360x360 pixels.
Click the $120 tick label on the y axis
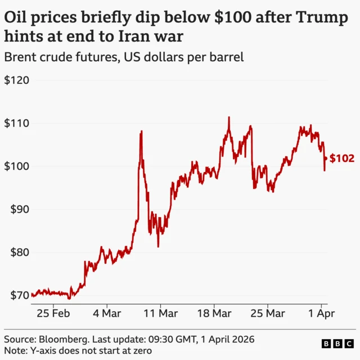point(16,80)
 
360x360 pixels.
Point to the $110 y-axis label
point(16,123)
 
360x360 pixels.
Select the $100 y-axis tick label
point(16,166)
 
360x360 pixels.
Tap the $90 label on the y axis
point(18,209)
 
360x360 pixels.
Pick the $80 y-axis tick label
point(18,252)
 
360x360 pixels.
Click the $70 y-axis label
point(18,295)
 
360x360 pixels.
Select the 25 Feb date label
point(53,312)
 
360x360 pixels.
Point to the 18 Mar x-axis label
point(214,312)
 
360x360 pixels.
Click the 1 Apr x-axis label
point(321,312)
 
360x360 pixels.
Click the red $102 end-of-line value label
point(341,159)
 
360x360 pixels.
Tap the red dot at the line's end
point(325,159)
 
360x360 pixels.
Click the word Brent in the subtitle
point(20,58)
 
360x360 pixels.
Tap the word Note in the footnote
point(15,350)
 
